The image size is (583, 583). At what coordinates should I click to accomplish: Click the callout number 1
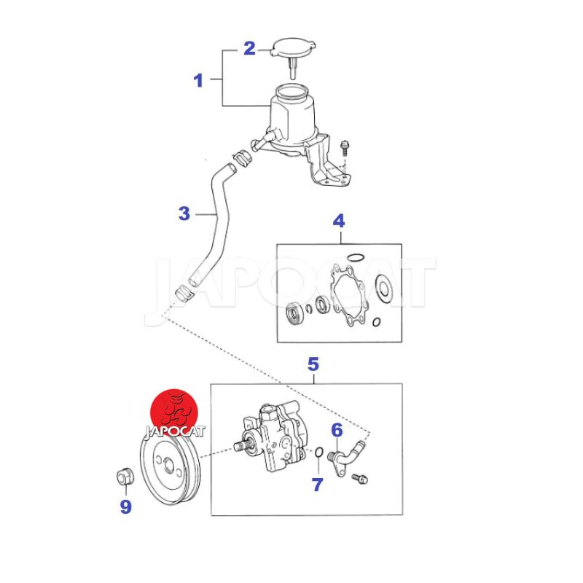click(x=198, y=80)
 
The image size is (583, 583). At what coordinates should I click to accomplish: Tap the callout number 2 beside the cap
click(x=249, y=48)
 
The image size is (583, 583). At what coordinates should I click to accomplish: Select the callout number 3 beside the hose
click(x=184, y=214)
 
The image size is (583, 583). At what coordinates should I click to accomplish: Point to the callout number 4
click(x=339, y=221)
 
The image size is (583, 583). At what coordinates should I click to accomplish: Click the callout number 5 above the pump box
click(x=313, y=364)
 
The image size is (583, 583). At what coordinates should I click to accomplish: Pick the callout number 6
click(x=337, y=430)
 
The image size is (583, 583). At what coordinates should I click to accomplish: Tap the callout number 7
click(x=317, y=485)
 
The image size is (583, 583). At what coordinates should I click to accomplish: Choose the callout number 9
click(x=125, y=506)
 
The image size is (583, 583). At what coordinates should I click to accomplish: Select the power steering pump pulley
click(x=171, y=469)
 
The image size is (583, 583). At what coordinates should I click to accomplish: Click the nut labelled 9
click(x=125, y=477)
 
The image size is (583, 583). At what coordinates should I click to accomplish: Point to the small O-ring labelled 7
click(x=319, y=452)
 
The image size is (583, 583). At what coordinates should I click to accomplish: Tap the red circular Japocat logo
click(x=174, y=412)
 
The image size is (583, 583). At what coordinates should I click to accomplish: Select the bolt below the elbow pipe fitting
click(x=359, y=478)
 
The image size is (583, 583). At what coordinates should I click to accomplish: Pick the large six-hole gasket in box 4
click(x=349, y=295)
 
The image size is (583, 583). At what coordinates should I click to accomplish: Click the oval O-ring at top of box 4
click(x=355, y=257)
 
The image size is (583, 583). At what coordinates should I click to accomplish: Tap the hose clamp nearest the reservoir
click(x=243, y=158)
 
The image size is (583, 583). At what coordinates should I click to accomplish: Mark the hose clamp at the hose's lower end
click(x=184, y=293)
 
